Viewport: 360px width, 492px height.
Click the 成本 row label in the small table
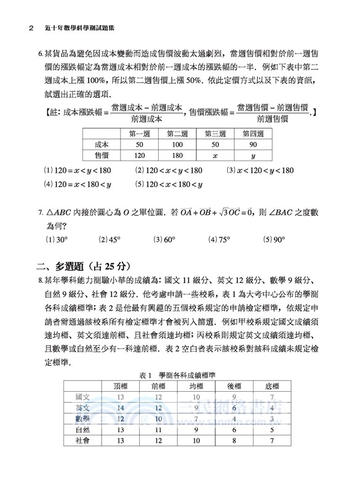pyautogui.click(x=102, y=145)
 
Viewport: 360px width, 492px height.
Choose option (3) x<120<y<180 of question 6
pyautogui.click(x=260, y=170)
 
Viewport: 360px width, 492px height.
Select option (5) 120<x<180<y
pyautogui.click(x=168, y=184)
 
